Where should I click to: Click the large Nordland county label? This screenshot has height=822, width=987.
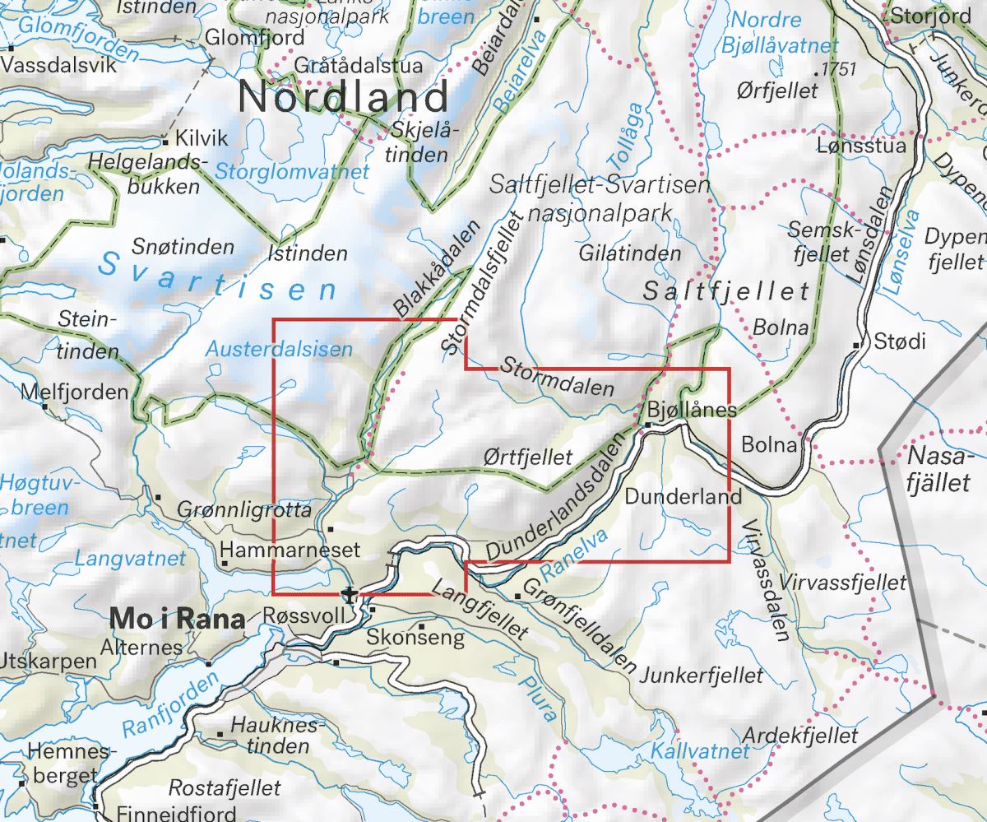(344, 97)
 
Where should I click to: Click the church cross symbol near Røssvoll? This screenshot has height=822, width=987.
(351, 594)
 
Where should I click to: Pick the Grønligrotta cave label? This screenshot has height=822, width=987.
(244, 511)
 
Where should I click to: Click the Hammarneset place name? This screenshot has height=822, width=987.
(280, 549)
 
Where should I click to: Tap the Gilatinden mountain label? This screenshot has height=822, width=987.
(630, 253)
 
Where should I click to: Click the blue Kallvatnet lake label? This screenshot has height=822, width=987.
(700, 750)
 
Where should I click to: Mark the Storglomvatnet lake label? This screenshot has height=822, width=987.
(292, 172)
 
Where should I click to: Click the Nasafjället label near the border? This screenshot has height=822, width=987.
(940, 469)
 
